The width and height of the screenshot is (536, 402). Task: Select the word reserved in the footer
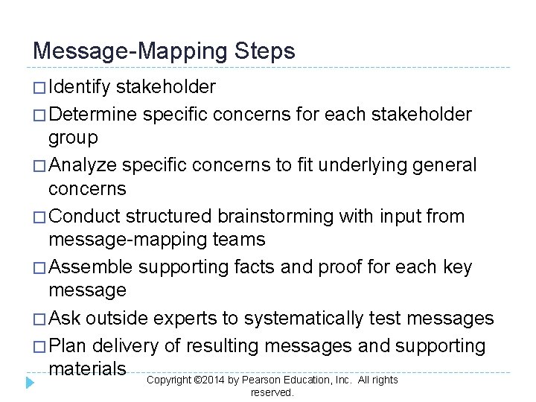(272, 392)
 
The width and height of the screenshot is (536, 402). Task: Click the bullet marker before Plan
(39, 346)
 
